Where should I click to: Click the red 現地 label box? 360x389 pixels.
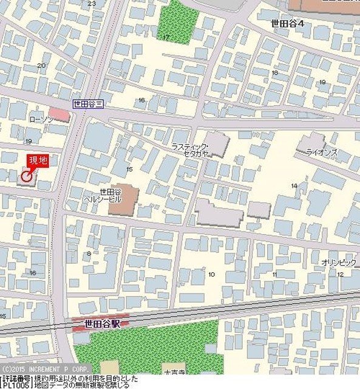(38, 161)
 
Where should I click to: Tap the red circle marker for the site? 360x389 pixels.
(26, 176)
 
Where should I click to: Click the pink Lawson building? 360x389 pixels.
(59, 114)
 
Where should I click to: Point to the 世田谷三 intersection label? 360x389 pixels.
(89, 104)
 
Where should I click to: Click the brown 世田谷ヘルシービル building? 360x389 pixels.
(123, 199)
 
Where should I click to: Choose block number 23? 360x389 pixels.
(92, 4)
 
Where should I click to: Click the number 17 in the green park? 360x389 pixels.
(166, 37)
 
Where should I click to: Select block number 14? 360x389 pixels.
(294, 185)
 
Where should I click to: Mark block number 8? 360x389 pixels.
(89, 253)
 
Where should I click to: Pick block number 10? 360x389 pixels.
(211, 275)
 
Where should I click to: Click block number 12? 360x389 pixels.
(340, 274)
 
